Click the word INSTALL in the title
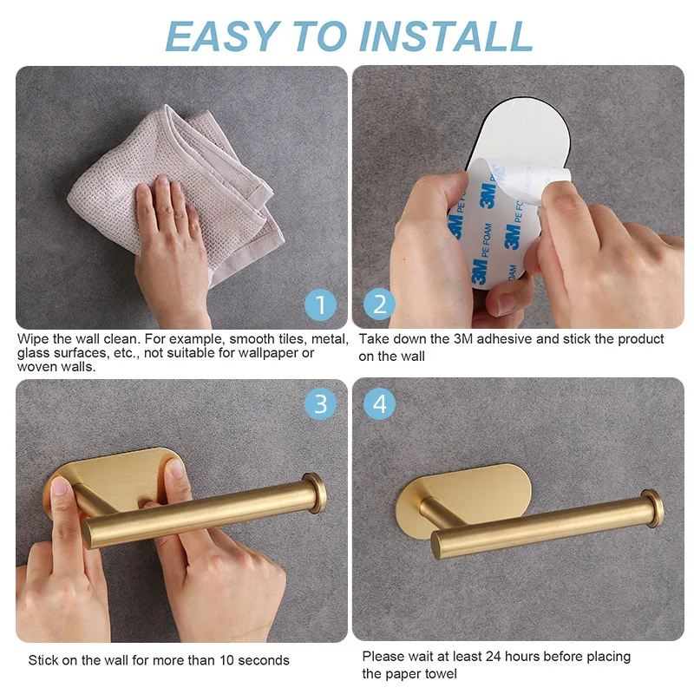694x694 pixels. click(x=446, y=36)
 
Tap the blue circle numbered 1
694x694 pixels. click(x=320, y=304)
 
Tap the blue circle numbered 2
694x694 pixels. click(x=379, y=304)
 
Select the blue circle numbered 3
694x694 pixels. click(x=320, y=403)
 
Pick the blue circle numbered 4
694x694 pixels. click(x=379, y=403)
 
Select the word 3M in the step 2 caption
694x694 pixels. click(x=463, y=339)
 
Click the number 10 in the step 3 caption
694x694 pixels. click(x=226, y=660)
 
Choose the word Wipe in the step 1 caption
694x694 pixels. click(x=33, y=339)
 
